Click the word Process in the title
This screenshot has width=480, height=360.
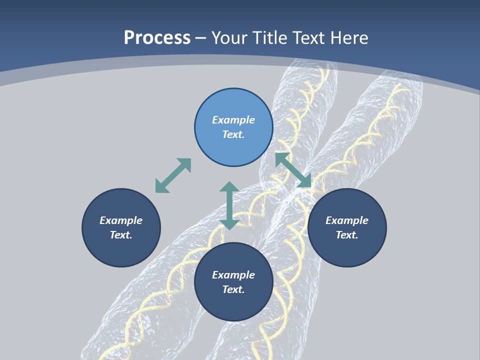coord(157,38)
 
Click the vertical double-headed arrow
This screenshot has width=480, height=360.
coord(229,205)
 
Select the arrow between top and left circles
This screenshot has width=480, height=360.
coord(173,175)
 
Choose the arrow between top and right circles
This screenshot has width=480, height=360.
coord(293,170)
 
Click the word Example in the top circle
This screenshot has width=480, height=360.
coord(233,120)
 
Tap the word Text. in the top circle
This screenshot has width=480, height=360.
coord(233,134)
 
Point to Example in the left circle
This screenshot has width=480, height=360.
coord(121,220)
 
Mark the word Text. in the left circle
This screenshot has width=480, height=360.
coord(121,235)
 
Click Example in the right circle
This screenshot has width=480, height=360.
coord(347,220)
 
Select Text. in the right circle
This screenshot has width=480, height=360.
coord(347,235)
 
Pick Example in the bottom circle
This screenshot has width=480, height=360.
coord(233,275)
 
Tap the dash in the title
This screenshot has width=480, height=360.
coord(201,38)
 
